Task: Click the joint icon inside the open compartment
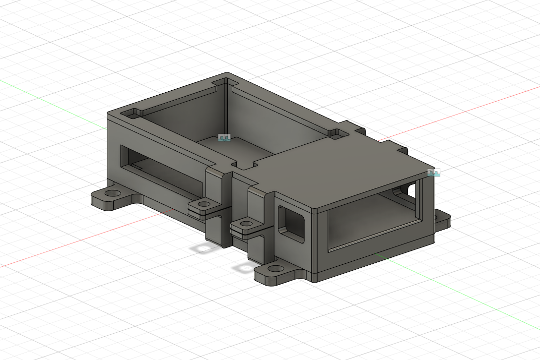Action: [x=225, y=138]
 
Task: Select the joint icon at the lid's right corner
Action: [x=434, y=173]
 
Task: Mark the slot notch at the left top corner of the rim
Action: [x=133, y=113]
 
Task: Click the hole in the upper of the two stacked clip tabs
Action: [x=203, y=204]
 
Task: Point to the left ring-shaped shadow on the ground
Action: [x=204, y=247]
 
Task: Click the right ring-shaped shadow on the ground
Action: [x=245, y=268]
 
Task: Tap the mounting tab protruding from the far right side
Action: [x=441, y=219]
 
